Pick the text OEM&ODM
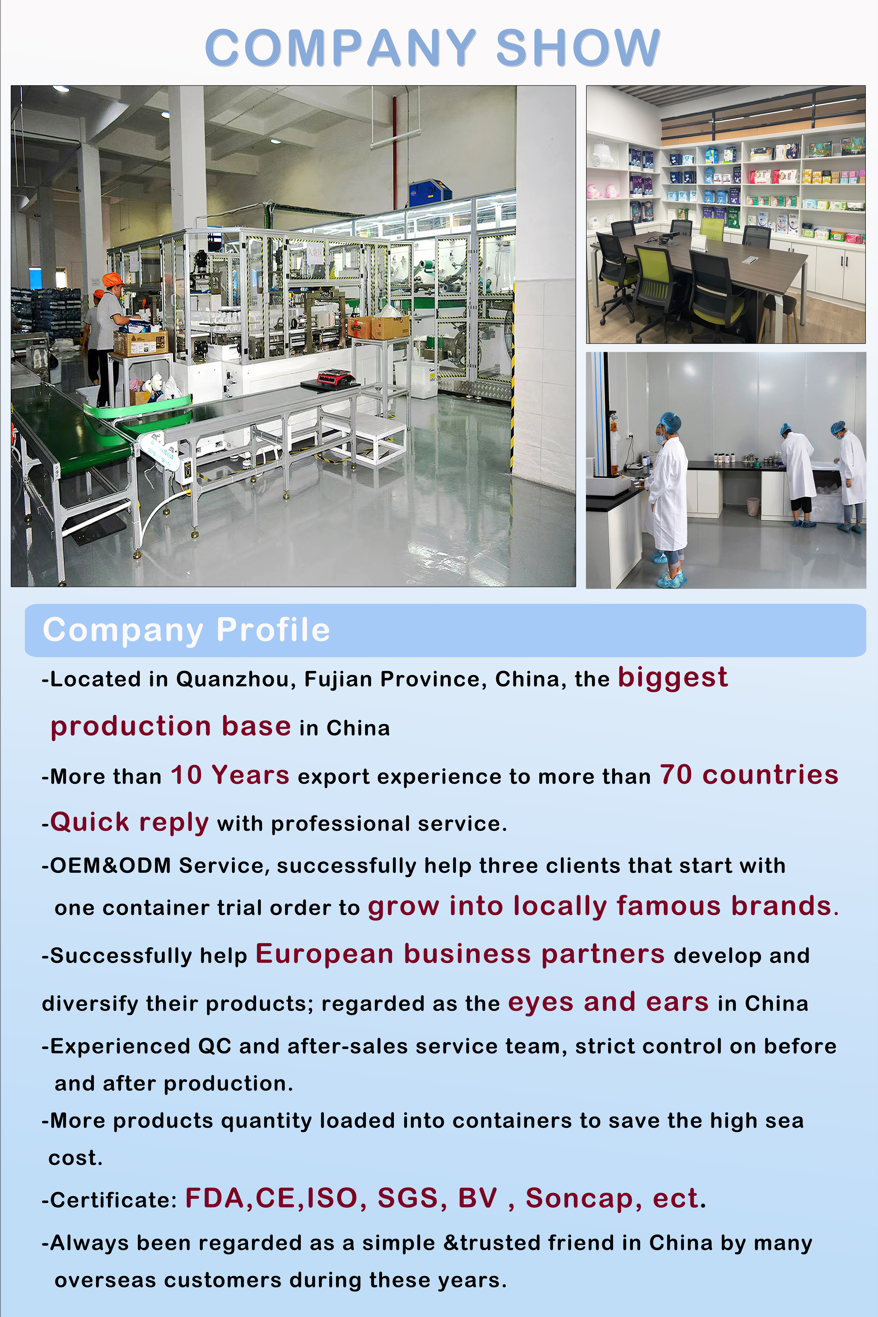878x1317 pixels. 110,866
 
